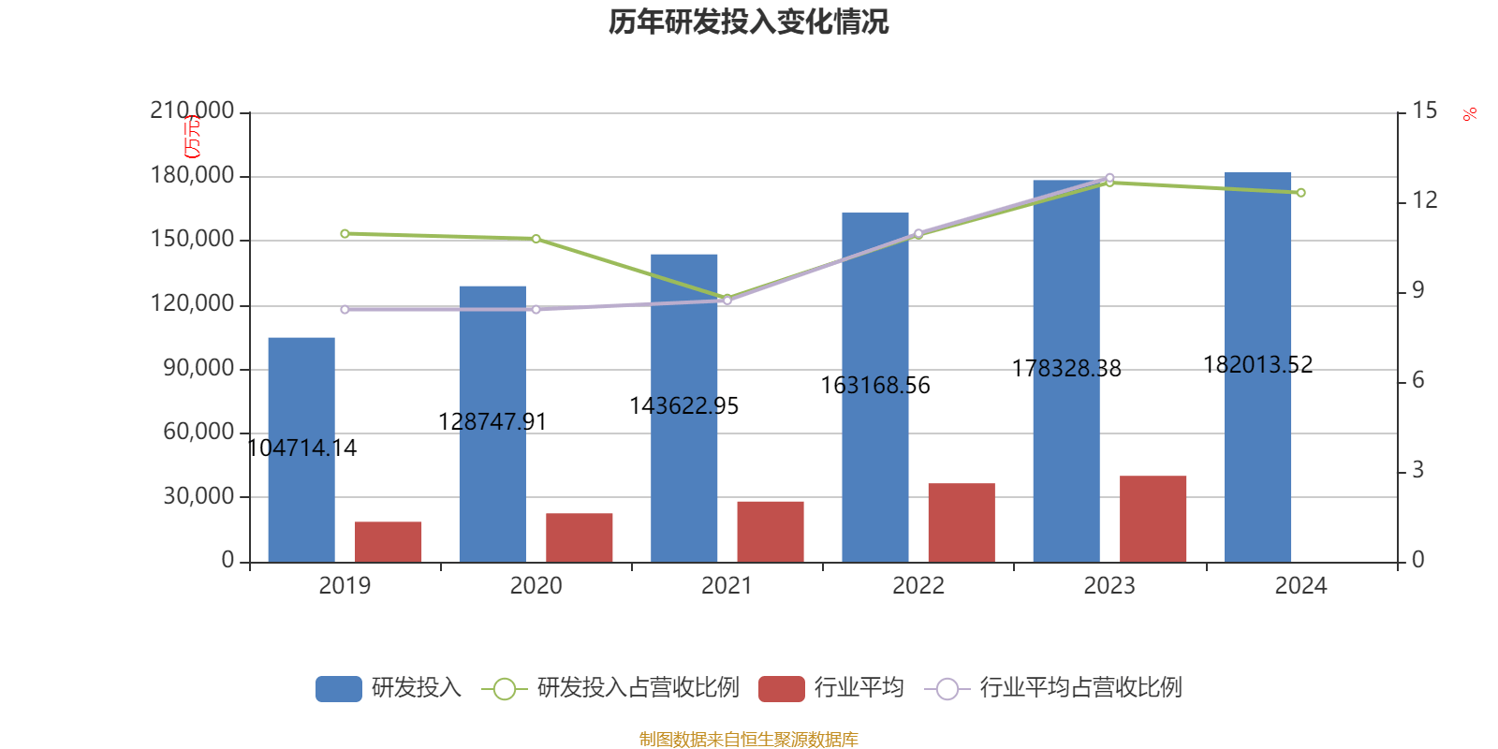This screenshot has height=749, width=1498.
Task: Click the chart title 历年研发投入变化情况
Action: (748, 22)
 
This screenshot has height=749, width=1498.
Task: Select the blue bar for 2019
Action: (301, 449)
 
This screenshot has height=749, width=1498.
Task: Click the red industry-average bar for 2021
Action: (771, 532)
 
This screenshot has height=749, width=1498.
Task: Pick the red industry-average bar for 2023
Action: (1153, 519)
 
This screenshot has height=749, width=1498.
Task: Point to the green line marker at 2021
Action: (727, 298)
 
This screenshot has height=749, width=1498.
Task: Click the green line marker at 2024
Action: (1300, 193)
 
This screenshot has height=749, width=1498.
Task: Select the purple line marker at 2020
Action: (536, 309)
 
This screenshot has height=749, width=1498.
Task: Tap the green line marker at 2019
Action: (345, 233)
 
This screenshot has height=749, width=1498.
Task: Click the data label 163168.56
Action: (875, 386)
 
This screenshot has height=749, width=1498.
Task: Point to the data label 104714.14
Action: (301, 448)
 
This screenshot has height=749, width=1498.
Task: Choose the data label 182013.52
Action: (1257, 364)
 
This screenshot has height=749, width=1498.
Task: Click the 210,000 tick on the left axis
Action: (192, 111)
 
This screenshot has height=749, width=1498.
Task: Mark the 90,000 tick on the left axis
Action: (198, 369)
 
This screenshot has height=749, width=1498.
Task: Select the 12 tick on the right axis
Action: (1425, 200)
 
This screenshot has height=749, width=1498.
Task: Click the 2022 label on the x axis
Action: (918, 586)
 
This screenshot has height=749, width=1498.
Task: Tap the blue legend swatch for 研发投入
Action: (338, 689)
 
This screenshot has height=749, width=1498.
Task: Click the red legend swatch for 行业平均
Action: (781, 689)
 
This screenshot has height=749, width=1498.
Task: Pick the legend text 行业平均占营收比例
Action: (1080, 688)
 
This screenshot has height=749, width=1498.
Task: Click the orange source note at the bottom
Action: (748, 740)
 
